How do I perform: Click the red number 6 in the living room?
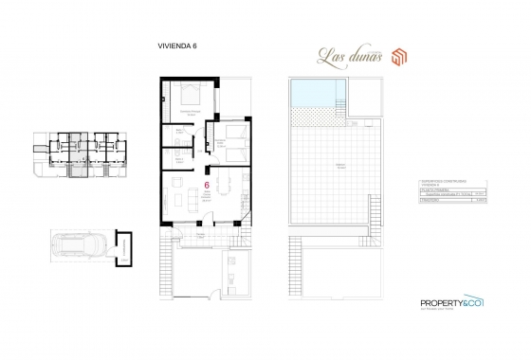coord(208,187)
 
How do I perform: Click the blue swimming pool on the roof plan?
coord(314,94)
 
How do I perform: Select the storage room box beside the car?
coord(124,247)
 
